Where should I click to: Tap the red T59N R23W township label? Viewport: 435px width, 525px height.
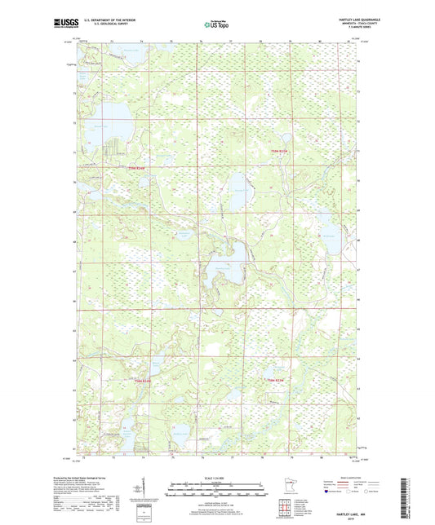coord(280,152)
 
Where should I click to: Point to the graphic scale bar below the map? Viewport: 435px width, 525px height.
coord(216,490)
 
